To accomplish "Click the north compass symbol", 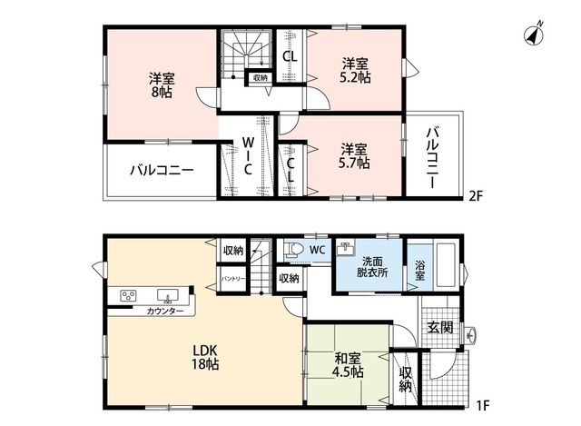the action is click(x=535, y=35).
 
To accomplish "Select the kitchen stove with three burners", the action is click(x=129, y=295).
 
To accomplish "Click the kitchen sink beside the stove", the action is click(x=167, y=295).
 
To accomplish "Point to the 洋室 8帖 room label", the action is click(x=162, y=85).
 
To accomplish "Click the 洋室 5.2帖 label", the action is click(x=356, y=71).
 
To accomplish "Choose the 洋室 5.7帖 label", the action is click(x=354, y=156).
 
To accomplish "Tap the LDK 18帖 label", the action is click(x=205, y=357).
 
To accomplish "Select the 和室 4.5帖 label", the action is click(x=348, y=365).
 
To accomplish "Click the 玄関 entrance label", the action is click(x=439, y=327).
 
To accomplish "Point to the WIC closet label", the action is click(x=248, y=155).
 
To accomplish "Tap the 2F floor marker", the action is click(x=476, y=195).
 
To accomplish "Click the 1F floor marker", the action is click(x=482, y=405).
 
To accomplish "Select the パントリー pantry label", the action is click(x=233, y=279).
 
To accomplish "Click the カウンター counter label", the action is click(x=165, y=311).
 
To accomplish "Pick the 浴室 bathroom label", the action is click(x=419, y=271).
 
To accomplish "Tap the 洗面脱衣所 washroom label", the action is click(x=372, y=267).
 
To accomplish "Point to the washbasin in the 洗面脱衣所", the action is click(x=345, y=248).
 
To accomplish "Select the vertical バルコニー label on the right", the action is click(x=432, y=157).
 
